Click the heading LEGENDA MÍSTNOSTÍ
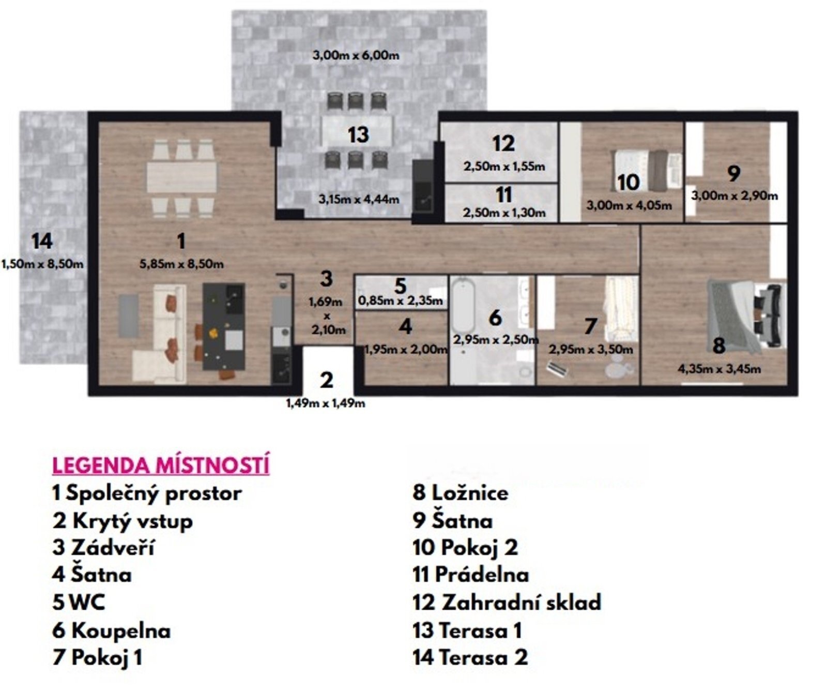click(x=161, y=465)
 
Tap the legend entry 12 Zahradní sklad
click(x=507, y=603)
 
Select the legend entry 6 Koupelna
click(x=112, y=630)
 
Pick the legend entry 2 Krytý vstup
click(x=122, y=521)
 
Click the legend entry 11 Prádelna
click(x=470, y=575)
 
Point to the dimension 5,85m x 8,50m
click(x=181, y=264)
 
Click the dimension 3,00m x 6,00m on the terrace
click(x=356, y=55)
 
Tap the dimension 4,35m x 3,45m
click(x=719, y=369)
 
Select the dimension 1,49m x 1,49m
click(x=326, y=403)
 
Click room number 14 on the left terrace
click(x=42, y=241)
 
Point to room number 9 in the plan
click(x=733, y=174)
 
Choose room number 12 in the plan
click(x=503, y=143)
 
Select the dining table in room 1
click(x=181, y=178)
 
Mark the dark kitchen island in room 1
click(x=223, y=326)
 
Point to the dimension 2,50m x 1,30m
click(x=504, y=213)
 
